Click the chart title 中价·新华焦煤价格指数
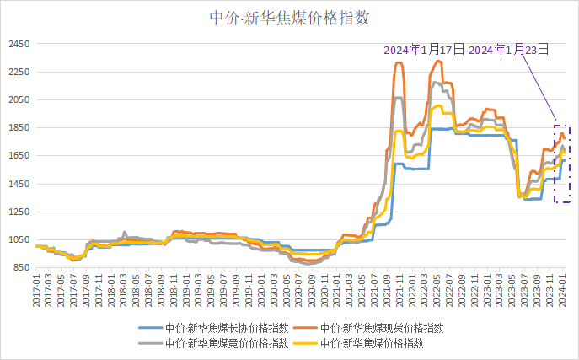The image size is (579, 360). click(x=289, y=17)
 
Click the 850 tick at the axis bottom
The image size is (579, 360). click(x=19, y=268)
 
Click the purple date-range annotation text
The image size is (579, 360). click(x=466, y=50)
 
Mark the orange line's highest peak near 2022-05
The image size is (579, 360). click(x=438, y=61)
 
